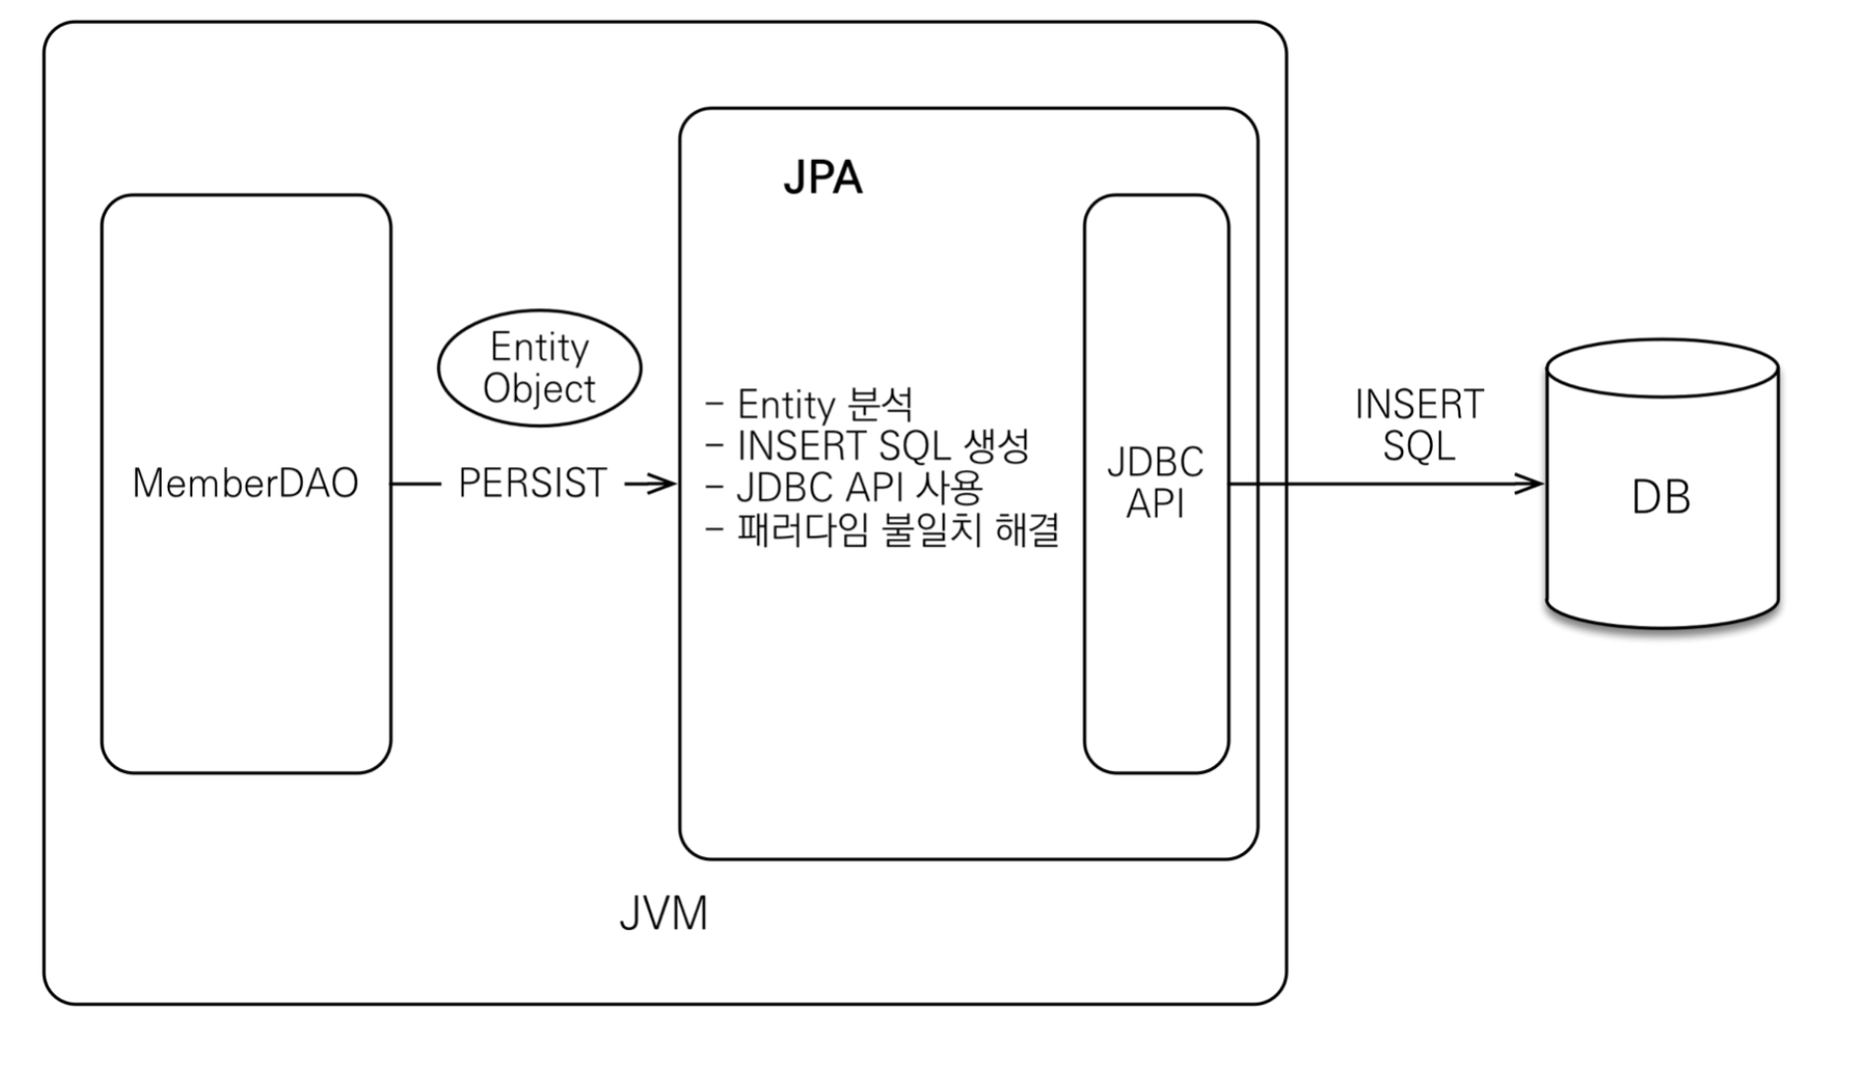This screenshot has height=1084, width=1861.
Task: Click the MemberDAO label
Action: pos(245,483)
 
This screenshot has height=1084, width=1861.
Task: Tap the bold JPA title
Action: pos(822,179)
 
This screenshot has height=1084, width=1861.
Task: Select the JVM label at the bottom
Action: pos(663,913)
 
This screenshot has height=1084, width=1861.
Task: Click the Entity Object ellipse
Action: pos(540,368)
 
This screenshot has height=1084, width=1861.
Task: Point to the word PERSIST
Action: pos(533,483)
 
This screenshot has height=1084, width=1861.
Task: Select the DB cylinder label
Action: pos(1661,498)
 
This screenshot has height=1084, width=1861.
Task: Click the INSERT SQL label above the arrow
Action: pos(1419,425)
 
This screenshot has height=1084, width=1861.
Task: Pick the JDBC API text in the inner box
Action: pos(1155,483)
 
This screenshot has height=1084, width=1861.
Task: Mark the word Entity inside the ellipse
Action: pos(540,348)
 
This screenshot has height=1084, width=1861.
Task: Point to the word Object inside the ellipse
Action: pos(540,389)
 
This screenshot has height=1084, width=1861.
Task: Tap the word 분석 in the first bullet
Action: pos(880,404)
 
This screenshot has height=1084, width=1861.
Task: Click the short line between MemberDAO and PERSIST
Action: pos(415,484)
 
